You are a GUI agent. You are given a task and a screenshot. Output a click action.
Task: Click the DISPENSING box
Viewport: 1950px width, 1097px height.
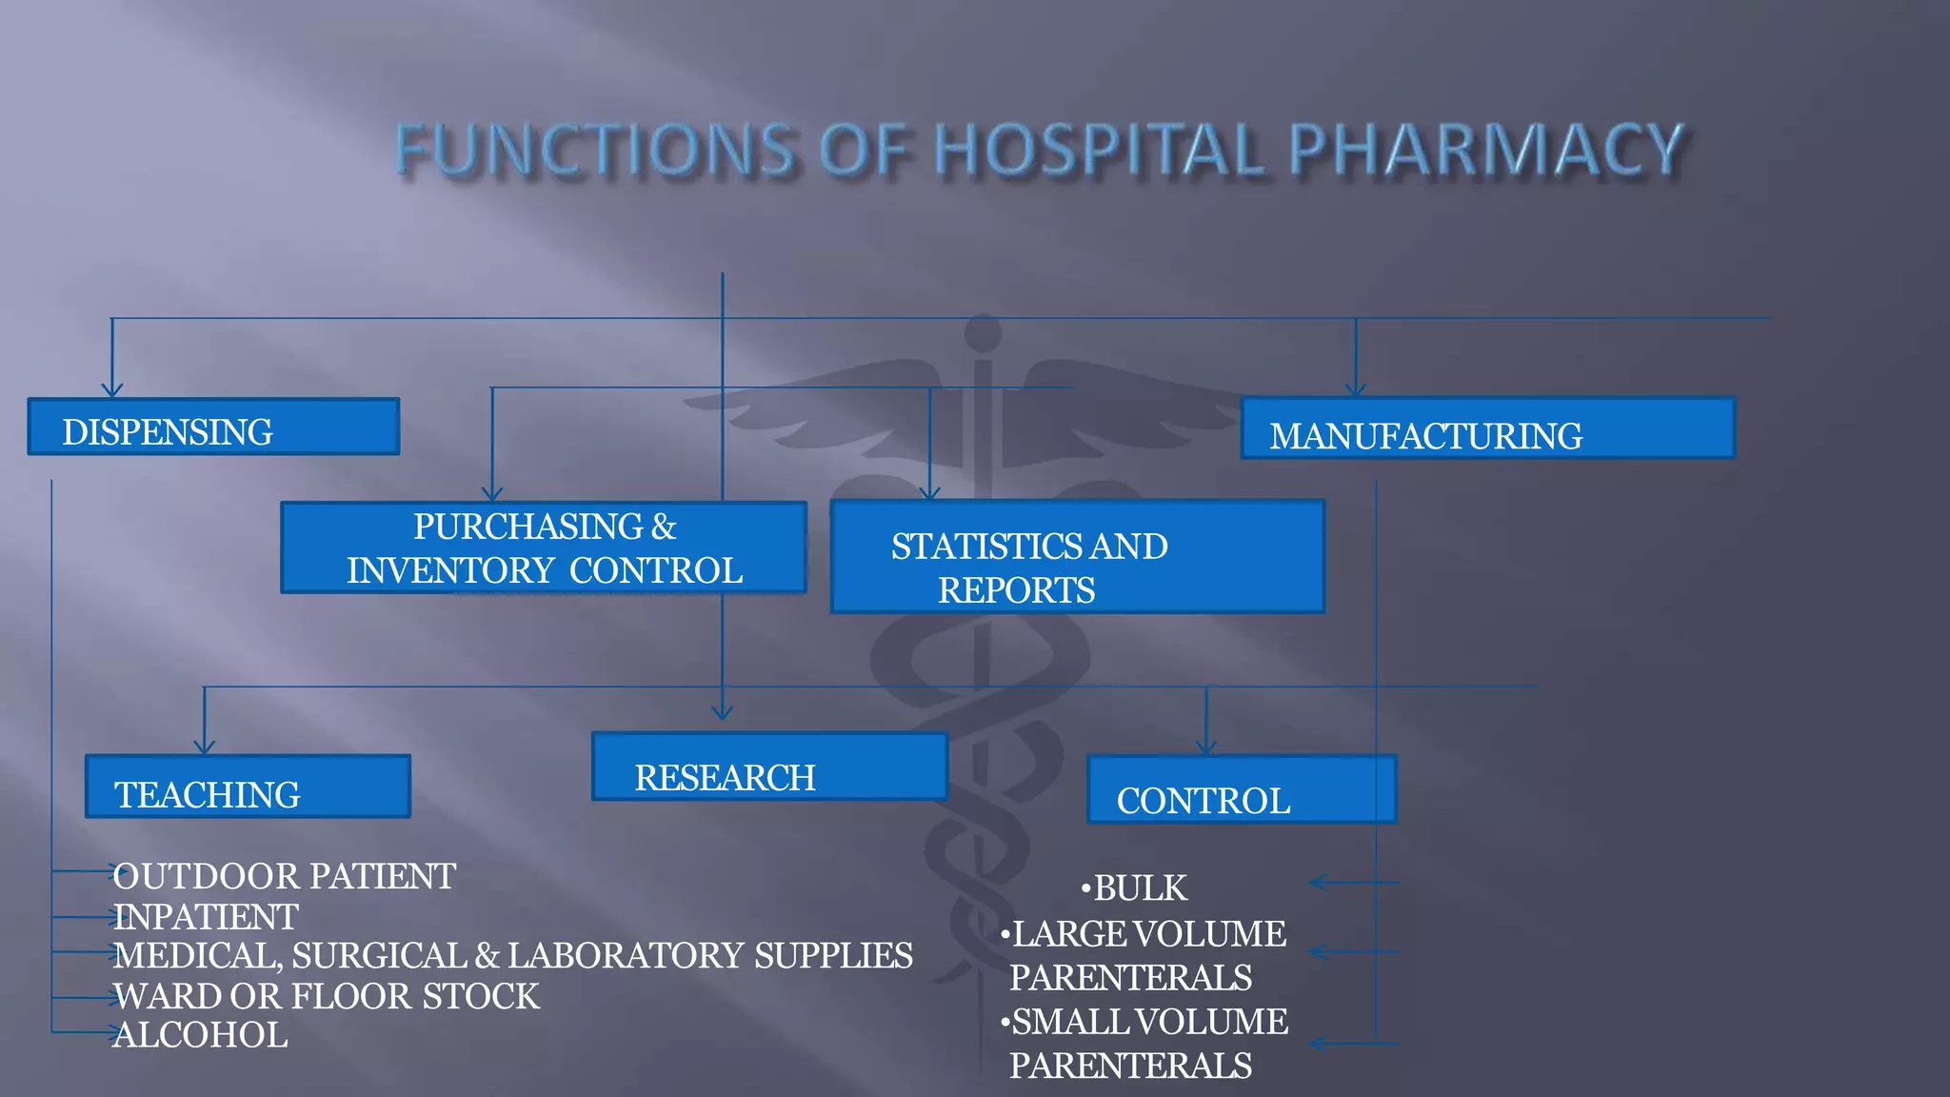click(213, 428)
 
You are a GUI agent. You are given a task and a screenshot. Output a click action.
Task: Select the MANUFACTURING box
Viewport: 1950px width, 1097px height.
click(1487, 429)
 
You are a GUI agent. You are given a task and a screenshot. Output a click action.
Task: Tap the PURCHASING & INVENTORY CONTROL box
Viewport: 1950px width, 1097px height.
click(544, 548)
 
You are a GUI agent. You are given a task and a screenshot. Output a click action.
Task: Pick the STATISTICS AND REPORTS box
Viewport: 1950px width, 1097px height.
click(1077, 557)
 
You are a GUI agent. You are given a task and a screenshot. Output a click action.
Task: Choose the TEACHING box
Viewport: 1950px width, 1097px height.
click(248, 788)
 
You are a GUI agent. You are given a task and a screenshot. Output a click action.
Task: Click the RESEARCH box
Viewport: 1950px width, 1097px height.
click(769, 768)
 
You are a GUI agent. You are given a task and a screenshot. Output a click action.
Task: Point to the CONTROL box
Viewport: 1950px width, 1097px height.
click(1242, 790)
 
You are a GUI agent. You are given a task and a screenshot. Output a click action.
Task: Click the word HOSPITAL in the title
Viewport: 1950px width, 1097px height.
click(1100, 150)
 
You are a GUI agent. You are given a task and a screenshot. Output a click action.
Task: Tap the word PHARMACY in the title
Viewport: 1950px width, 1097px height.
click(1485, 150)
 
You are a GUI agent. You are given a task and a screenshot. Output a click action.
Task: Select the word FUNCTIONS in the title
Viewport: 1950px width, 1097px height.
click(595, 150)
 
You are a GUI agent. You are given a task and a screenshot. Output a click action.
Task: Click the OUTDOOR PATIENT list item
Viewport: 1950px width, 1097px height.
click(285, 876)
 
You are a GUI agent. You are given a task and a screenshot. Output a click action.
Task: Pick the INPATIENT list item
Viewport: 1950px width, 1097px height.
click(206, 917)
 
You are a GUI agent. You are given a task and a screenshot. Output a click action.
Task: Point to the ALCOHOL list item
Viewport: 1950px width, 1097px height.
click(200, 1035)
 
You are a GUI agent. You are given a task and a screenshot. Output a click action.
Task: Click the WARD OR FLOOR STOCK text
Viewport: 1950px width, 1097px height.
click(327, 996)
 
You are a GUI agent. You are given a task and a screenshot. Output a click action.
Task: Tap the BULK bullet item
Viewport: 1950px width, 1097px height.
click(1140, 888)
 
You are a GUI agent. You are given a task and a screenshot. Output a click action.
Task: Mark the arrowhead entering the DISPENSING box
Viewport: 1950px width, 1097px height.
click(112, 390)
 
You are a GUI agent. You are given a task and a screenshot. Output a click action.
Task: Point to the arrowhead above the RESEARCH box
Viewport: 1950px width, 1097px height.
click(723, 713)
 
